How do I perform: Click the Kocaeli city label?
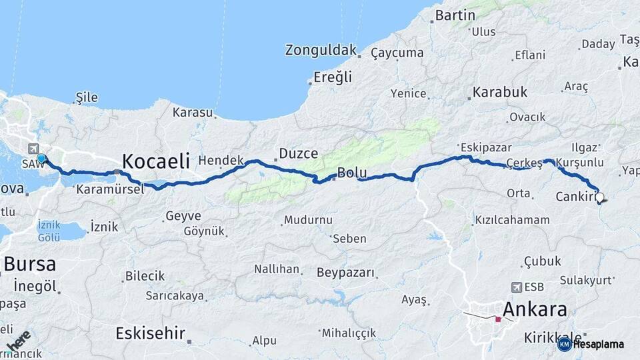coord(156,161)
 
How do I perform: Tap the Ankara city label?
coord(535,309)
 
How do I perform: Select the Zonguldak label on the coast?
coord(321,50)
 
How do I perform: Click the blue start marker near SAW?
coord(41,159)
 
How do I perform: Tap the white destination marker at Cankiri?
coord(600,197)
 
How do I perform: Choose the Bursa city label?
coord(29,263)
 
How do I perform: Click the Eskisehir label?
coord(150,333)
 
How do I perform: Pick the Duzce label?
coord(298,154)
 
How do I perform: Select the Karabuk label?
coord(500,92)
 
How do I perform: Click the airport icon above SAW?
coord(35,149)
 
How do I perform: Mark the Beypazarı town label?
coord(345,273)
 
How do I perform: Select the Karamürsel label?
coord(110,189)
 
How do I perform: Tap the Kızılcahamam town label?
coord(512,219)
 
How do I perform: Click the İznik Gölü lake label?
coord(49,231)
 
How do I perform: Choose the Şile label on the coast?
coord(87,98)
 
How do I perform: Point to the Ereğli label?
coord(333,77)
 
